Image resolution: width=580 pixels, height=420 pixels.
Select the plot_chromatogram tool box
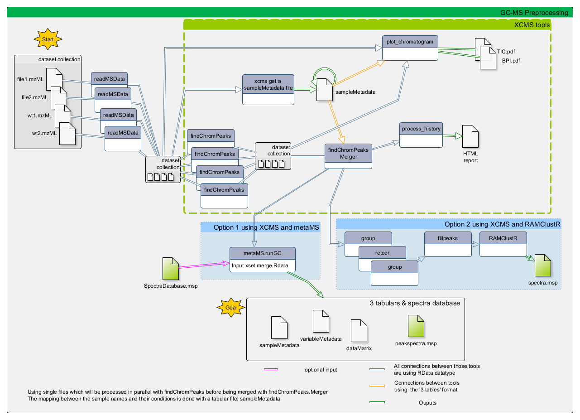point(410,48)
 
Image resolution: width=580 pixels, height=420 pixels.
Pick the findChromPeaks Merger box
point(348,156)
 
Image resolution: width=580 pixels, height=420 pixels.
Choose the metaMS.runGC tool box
point(263,259)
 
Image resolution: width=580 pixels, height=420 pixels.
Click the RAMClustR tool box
point(503,244)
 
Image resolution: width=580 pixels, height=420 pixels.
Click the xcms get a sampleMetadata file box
point(268,89)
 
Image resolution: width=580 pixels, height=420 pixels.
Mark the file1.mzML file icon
point(54,79)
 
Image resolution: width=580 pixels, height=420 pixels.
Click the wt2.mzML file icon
point(67,133)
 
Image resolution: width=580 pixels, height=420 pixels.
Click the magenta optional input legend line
point(271,370)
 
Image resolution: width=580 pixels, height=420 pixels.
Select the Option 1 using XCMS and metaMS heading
point(265,227)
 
